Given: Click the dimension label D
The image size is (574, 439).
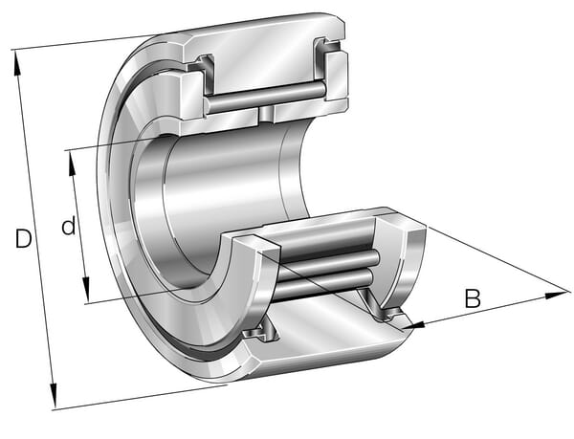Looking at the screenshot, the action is point(23,238).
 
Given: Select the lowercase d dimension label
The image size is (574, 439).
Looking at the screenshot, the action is point(69,226).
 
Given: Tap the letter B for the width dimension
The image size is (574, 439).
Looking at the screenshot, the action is point(473,298).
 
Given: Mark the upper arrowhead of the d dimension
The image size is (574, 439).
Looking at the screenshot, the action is point(72,164).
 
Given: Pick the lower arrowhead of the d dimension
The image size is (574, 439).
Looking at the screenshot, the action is point(86,290).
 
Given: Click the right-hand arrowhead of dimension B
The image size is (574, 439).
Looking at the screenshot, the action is point(558,295).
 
